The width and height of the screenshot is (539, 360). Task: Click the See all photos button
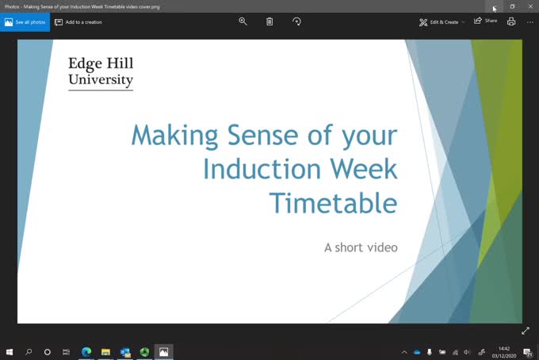coord(25,22)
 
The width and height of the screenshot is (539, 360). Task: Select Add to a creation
coord(78,22)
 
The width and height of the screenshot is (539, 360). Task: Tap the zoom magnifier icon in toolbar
coord(243,21)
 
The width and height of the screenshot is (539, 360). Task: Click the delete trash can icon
coord(269,21)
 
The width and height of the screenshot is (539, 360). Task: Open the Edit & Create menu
coord(442,22)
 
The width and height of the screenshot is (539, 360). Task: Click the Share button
coord(486,21)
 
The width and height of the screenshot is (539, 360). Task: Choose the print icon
coord(511,21)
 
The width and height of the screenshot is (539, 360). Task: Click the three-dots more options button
coord(529,21)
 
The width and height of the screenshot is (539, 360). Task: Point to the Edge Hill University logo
coord(101,71)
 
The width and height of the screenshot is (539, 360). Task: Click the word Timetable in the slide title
coord(333,203)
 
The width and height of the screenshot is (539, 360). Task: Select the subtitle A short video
coord(361,247)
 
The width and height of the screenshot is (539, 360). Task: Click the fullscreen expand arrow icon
coord(525,331)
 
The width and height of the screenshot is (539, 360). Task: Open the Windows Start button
coord(10,352)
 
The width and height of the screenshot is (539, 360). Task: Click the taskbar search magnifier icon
coord(29,352)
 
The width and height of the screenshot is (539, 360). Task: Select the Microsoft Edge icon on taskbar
coord(86,352)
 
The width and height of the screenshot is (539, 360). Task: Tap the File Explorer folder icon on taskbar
coord(105,352)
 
